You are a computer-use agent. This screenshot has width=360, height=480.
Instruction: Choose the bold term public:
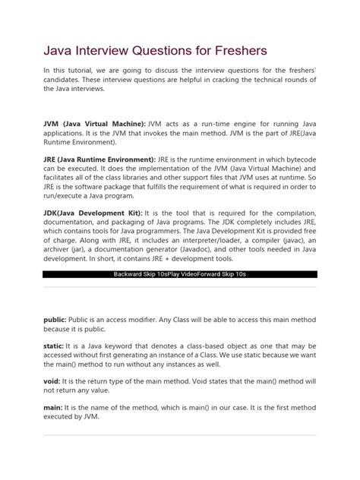(x=55, y=321)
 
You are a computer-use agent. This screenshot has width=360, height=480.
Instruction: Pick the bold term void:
(x=52, y=382)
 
